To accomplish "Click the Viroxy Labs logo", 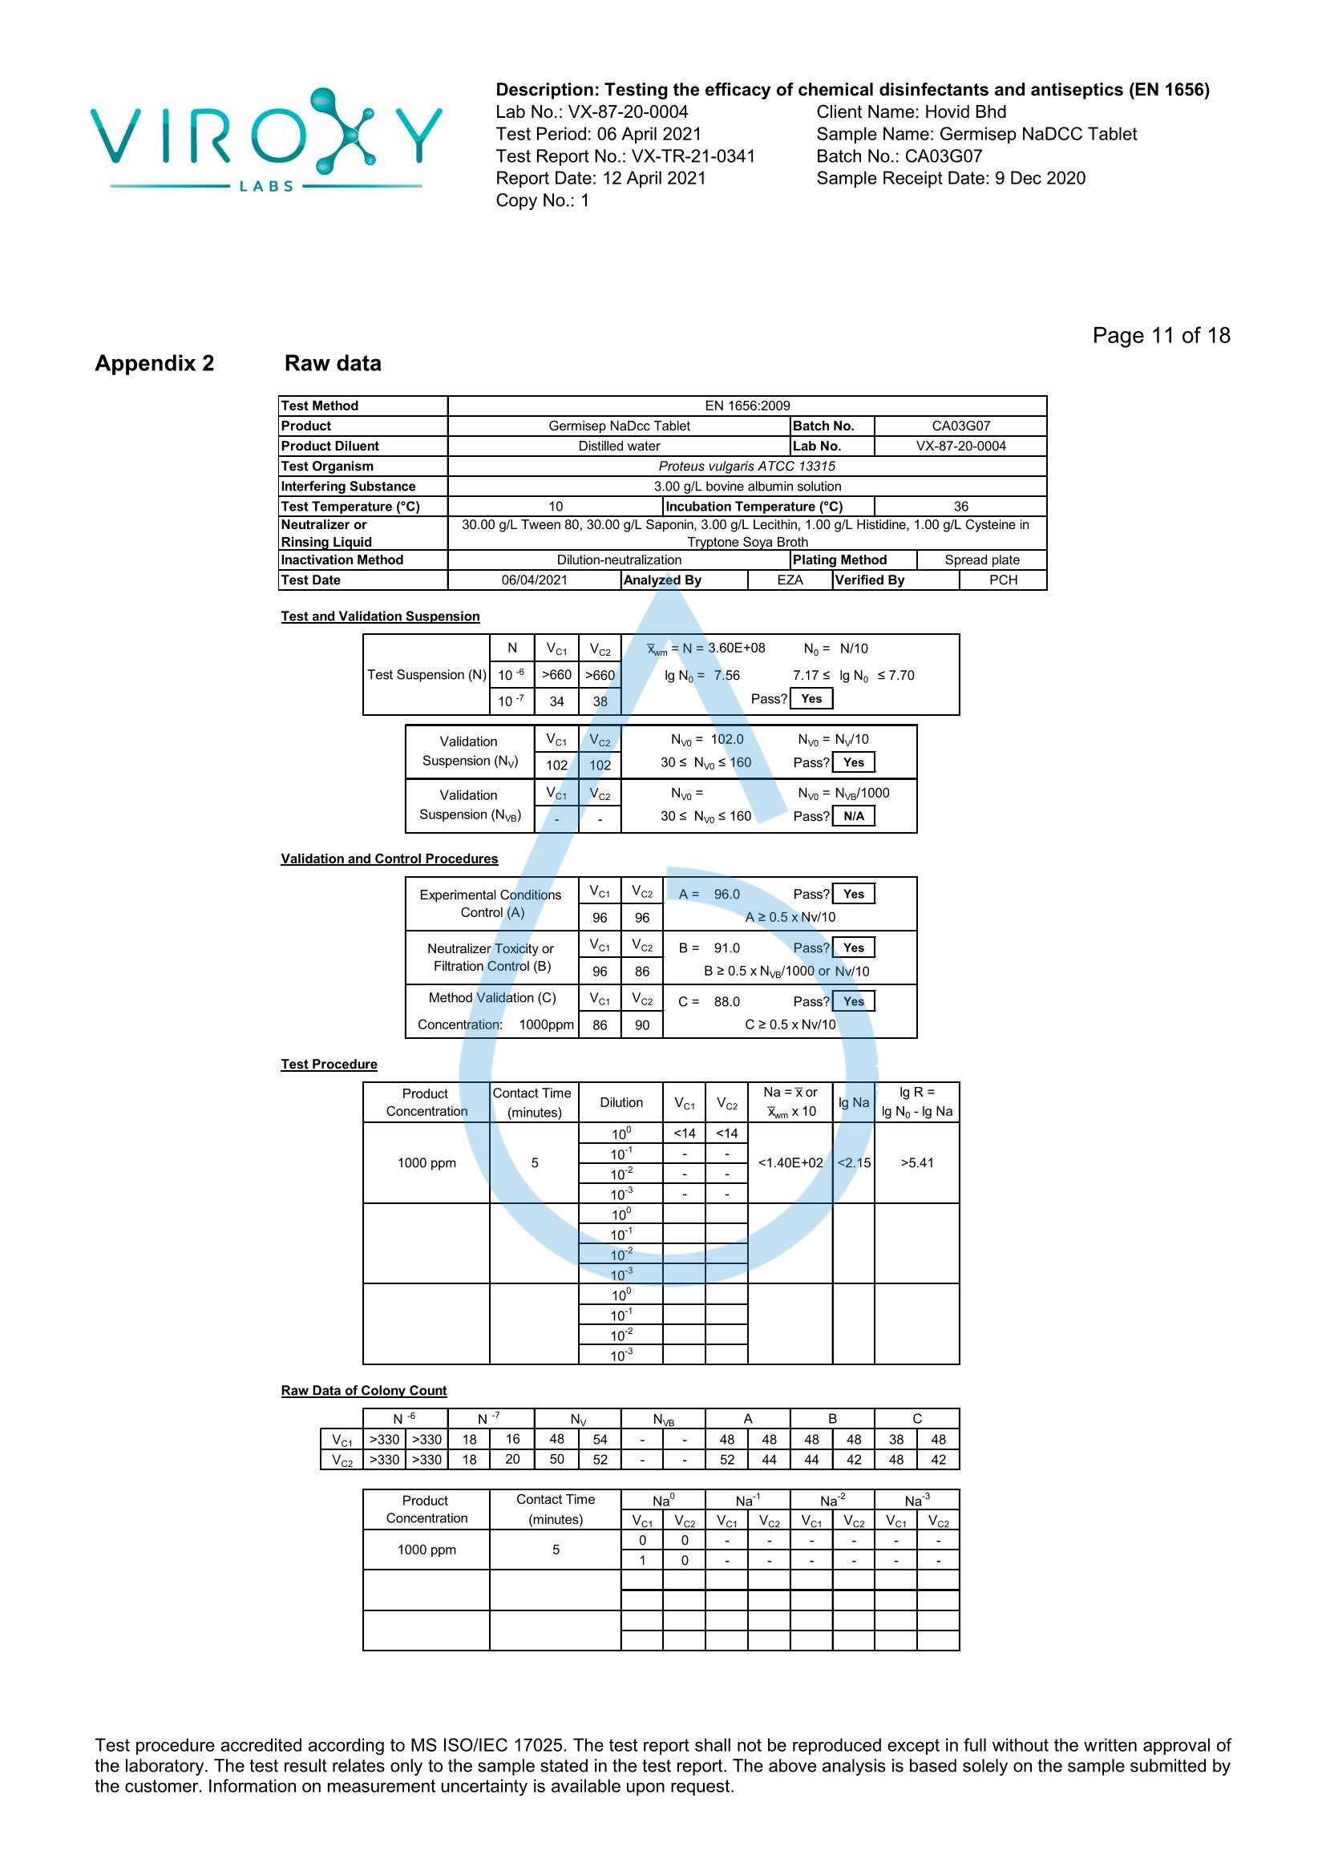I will pyautogui.click(x=265, y=139).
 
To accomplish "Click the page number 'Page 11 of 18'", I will pyautogui.click(x=1160, y=336).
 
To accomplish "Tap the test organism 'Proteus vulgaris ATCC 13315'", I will pyautogui.click(x=746, y=467).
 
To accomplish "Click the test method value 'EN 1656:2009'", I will pyautogui.click(x=746, y=406).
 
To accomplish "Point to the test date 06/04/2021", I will pyautogui.click(x=534, y=580).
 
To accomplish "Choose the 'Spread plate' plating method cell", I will pyautogui.click(x=981, y=560).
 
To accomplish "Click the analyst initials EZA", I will pyautogui.click(x=790, y=580).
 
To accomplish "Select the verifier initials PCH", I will pyautogui.click(x=1003, y=580).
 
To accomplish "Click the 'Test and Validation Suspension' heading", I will pyautogui.click(x=380, y=616).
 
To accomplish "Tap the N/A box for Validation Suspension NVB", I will pyautogui.click(x=853, y=816).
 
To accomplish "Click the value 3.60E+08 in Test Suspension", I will pyautogui.click(x=737, y=649).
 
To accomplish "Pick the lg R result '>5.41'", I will pyautogui.click(x=916, y=1163).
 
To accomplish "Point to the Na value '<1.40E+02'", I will pyautogui.click(x=790, y=1163).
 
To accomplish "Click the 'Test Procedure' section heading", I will pyautogui.click(x=329, y=1064).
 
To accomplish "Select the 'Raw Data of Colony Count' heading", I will pyautogui.click(x=363, y=1391).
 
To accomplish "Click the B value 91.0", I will pyautogui.click(x=726, y=948).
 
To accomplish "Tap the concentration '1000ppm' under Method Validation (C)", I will pyautogui.click(x=546, y=1025).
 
